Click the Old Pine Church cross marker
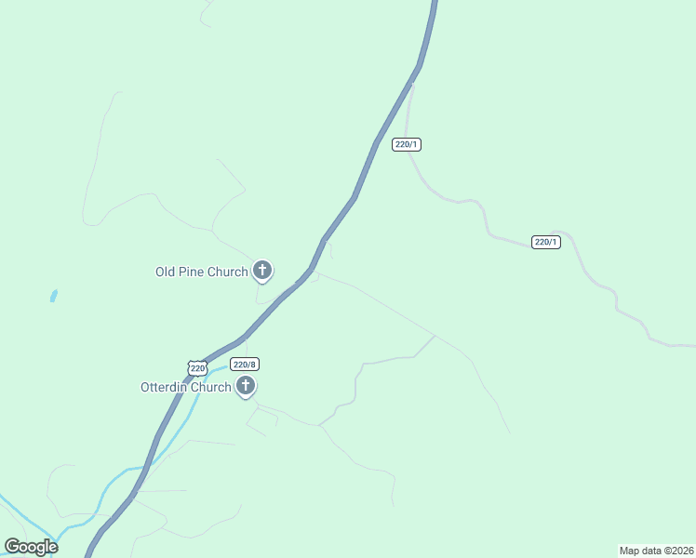pyautogui.click(x=262, y=271)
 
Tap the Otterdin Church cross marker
pyautogui.click(x=246, y=386)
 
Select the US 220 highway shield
pyautogui.click(x=197, y=368)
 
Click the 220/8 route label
pyautogui.click(x=243, y=365)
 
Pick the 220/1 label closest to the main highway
pyautogui.click(x=407, y=144)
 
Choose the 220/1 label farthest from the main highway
pyautogui.click(x=546, y=242)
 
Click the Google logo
pyautogui.click(x=31, y=547)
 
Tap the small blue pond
pyautogui.click(x=53, y=297)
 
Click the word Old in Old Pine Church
pyautogui.click(x=166, y=272)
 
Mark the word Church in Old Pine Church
pyautogui.click(x=229, y=272)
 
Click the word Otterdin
pyautogui.click(x=166, y=387)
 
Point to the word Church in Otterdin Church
pyautogui.click(x=212, y=387)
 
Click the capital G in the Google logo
pyautogui.click(x=12, y=547)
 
